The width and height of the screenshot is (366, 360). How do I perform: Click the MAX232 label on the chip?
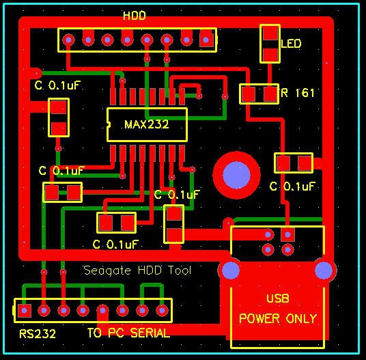146,124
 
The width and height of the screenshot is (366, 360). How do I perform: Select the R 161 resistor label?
298,93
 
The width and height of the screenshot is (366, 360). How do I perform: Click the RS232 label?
38,334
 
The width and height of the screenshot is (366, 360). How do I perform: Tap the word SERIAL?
147,333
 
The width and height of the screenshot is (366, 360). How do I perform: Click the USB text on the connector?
277,299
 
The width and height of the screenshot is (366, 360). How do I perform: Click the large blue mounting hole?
236,174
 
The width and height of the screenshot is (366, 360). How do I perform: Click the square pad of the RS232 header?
25,311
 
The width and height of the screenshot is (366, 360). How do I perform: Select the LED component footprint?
270,43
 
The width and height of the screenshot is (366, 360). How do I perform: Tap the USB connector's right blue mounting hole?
324,270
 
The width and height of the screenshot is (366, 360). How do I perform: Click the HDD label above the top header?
134,16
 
